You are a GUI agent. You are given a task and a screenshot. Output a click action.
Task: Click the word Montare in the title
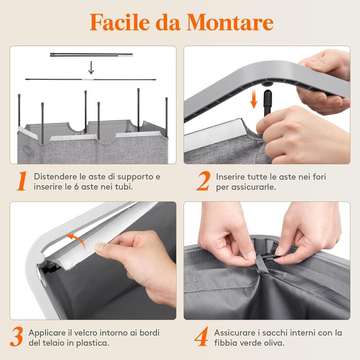click(x=230, y=22)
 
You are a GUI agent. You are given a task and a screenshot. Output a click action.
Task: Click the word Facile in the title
click(x=119, y=22)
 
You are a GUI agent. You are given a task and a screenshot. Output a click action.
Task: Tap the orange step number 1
click(x=22, y=181)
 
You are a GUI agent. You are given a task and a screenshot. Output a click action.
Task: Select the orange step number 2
click(x=203, y=181)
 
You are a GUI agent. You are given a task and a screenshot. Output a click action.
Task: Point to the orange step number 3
click(x=16, y=337)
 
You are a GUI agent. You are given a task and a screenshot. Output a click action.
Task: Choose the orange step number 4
click(x=202, y=337)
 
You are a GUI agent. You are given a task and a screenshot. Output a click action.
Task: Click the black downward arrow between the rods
click(x=91, y=68)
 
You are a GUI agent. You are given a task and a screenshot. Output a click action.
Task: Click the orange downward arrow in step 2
click(x=254, y=99)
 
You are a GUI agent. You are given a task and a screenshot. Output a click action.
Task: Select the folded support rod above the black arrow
click(x=91, y=55)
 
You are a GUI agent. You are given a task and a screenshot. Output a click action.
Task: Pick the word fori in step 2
click(x=319, y=177)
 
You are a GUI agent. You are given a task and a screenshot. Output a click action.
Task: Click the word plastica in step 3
click(x=93, y=343)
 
